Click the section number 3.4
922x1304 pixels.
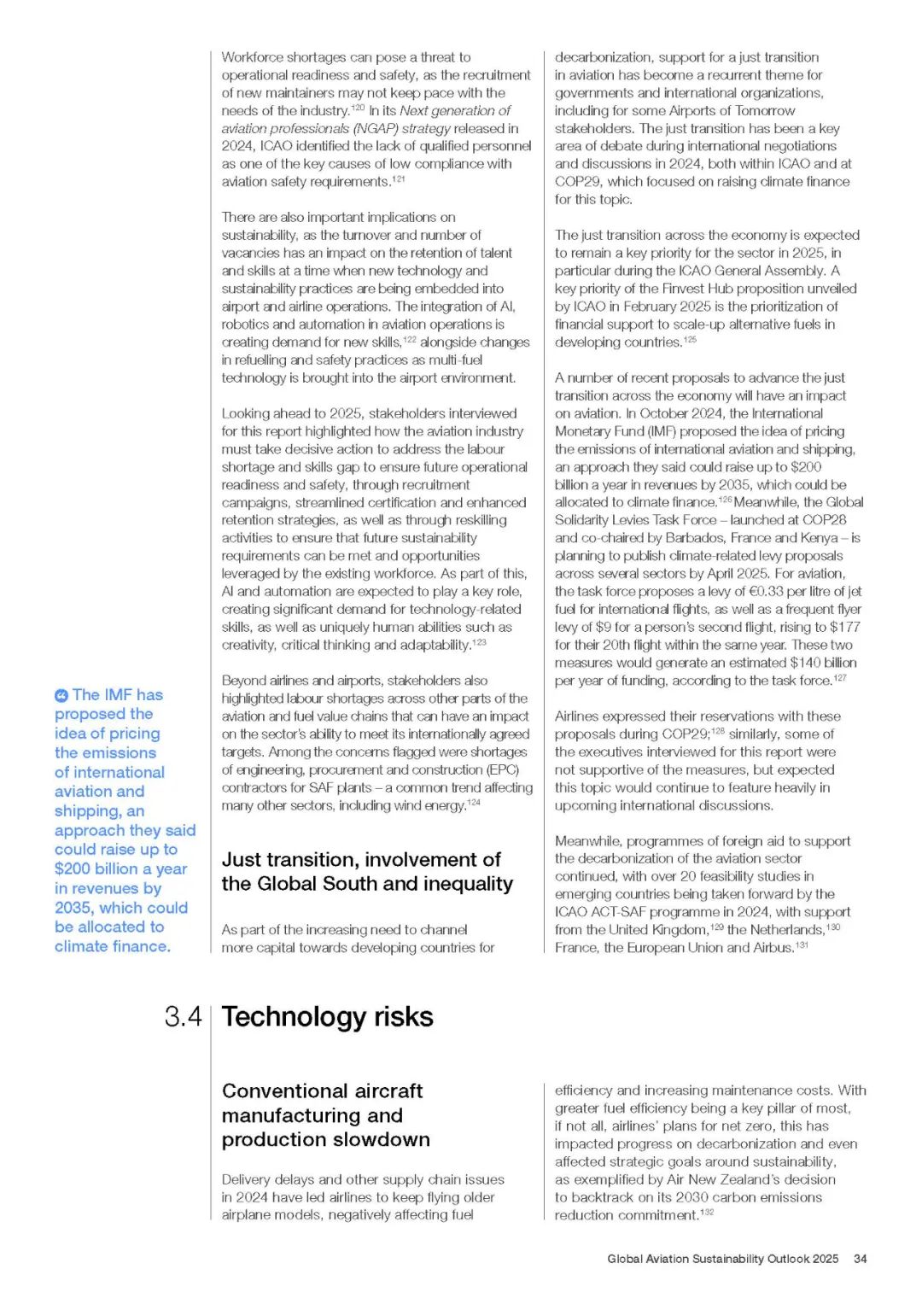click(183, 1017)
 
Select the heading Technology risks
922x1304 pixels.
click(327, 1017)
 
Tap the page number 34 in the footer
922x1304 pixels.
click(860, 1259)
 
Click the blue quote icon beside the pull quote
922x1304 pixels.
click(61, 696)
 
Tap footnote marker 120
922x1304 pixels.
click(357, 108)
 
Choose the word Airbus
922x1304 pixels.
click(772, 948)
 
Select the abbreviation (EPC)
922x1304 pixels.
click(503, 769)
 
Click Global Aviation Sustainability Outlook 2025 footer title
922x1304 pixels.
click(722, 1259)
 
